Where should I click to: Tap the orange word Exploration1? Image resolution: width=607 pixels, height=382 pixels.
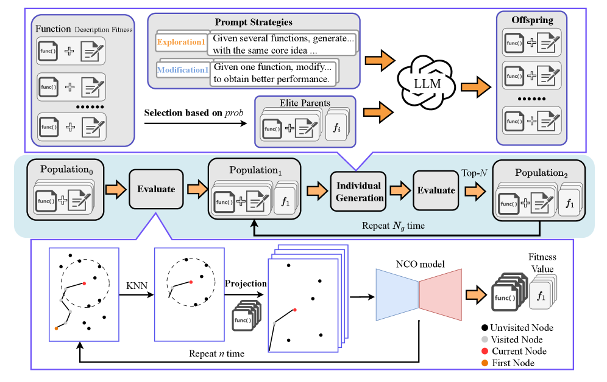pos(182,43)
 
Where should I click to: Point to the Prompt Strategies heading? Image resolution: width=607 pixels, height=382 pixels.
pos(254,23)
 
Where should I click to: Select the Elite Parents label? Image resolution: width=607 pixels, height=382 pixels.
pos(304,103)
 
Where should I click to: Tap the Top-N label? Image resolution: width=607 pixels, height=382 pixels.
pos(474,173)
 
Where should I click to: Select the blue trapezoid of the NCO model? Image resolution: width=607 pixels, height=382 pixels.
pos(397,295)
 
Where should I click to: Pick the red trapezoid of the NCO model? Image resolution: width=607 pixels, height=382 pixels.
pos(439,295)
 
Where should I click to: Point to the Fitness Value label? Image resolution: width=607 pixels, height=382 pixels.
pos(541,263)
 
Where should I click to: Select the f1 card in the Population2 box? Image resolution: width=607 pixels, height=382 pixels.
pos(570,204)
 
